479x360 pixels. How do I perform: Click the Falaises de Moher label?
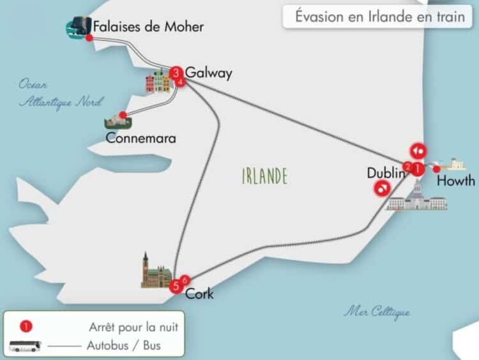(x=148, y=27)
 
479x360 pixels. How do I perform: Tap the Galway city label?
(x=208, y=73)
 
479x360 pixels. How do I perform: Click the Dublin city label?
(x=386, y=173)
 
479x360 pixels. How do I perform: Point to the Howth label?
(x=455, y=181)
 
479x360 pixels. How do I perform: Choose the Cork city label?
(x=199, y=294)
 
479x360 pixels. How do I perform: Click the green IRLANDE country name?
(x=264, y=176)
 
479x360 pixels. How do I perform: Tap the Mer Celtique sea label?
(x=377, y=312)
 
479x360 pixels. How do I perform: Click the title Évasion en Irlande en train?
(x=379, y=17)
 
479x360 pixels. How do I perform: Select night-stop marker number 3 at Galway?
(x=176, y=72)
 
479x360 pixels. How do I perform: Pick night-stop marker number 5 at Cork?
(x=176, y=285)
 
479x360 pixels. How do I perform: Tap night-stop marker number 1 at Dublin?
(x=416, y=169)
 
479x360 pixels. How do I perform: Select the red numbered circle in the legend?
(x=26, y=327)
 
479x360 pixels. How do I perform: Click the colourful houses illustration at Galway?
(x=158, y=81)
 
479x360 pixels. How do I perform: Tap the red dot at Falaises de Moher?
(x=89, y=38)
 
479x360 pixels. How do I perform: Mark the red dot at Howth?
(x=436, y=169)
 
